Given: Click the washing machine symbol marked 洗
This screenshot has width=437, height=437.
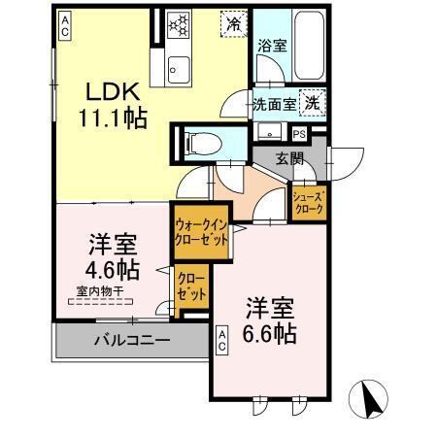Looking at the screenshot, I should tap(313, 101).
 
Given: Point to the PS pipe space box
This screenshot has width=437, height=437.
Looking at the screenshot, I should tap(299, 134).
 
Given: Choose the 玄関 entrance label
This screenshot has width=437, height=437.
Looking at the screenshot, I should tap(288, 158).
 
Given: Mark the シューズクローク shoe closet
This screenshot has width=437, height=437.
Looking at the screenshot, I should tap(311, 202).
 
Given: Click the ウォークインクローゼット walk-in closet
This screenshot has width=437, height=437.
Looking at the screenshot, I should tap(202, 231).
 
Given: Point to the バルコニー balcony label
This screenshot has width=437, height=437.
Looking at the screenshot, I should tap(132, 341).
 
